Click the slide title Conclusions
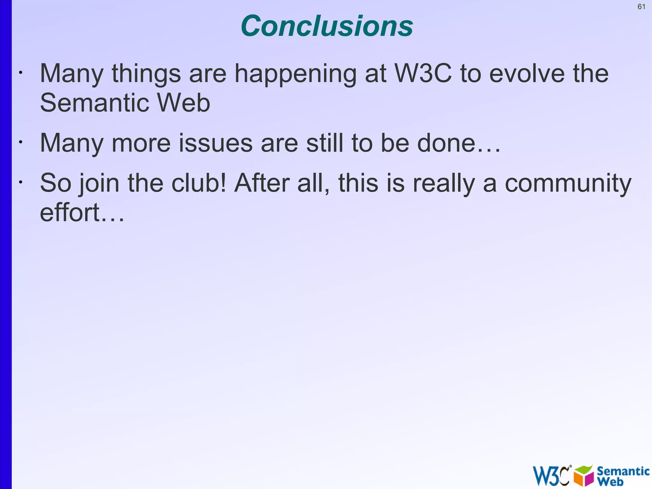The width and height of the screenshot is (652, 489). (327, 26)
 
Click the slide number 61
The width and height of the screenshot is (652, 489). (641, 7)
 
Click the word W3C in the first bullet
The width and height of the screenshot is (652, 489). (423, 74)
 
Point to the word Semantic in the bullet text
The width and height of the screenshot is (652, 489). (94, 103)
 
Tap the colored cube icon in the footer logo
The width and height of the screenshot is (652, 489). (584, 476)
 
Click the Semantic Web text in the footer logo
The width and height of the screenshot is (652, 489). (622, 476)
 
